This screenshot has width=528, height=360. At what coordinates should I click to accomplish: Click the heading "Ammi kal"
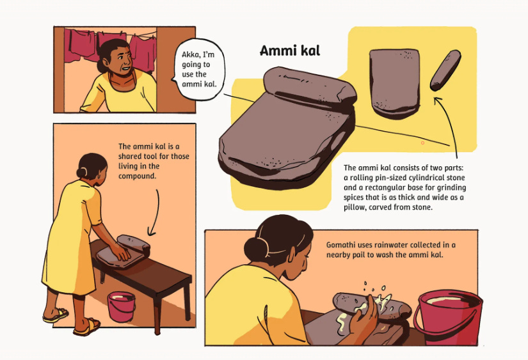[289, 51]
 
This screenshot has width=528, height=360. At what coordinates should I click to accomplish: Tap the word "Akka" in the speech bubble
[190, 54]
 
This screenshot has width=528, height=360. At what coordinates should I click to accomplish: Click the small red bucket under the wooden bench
[121, 306]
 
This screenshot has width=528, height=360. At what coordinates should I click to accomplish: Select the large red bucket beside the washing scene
[448, 317]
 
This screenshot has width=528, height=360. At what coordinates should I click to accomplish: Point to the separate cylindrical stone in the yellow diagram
[445, 70]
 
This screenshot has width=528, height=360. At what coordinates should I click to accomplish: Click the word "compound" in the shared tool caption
[137, 176]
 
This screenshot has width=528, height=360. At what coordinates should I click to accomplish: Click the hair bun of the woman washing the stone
[255, 249]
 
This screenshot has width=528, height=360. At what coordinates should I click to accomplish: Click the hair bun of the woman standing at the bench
[82, 172]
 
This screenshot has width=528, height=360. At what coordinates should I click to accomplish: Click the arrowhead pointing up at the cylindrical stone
[437, 100]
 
